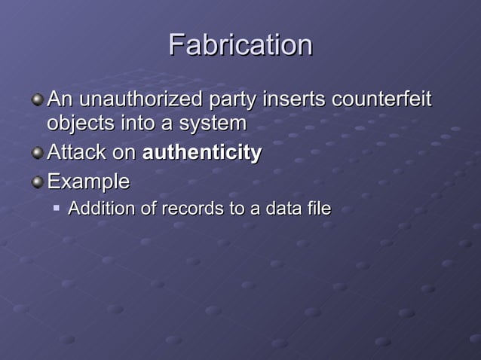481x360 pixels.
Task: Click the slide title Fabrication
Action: [240, 45]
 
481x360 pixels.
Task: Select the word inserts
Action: [293, 99]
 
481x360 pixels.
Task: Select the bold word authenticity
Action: [201, 153]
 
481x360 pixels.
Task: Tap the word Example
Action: [87, 182]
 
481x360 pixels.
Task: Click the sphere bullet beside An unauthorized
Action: [37, 99]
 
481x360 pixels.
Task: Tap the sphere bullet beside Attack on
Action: [37, 152]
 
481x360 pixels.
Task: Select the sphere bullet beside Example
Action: [37, 182]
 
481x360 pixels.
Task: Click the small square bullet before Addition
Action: [57, 206]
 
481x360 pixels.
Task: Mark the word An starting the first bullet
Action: [60, 99]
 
